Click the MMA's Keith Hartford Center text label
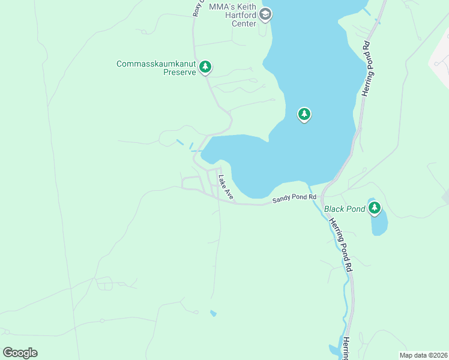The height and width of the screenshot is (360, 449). (x=233, y=15)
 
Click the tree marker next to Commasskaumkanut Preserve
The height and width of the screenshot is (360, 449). (x=205, y=67)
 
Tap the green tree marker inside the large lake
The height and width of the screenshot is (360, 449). (x=304, y=113)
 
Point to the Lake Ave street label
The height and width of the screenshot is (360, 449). (x=226, y=187)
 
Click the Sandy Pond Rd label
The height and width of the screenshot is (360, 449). (x=294, y=199)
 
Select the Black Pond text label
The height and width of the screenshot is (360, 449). (x=345, y=209)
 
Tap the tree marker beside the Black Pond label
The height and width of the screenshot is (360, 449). (x=375, y=208)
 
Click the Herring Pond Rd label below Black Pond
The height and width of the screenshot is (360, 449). (x=339, y=245)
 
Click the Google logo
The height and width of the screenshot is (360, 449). (x=20, y=353)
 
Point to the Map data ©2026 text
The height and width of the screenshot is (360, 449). (x=423, y=355)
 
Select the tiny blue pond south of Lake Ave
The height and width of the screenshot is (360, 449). (x=214, y=313)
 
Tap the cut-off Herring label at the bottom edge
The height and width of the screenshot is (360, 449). (x=346, y=348)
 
